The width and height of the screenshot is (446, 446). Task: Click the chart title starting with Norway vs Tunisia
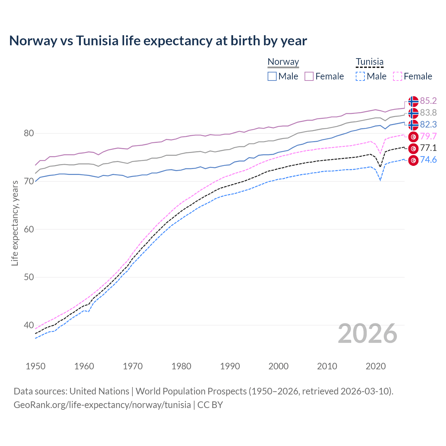[x=158, y=41]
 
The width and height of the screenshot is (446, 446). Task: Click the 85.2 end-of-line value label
[x=428, y=101]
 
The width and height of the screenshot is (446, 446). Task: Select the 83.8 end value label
[x=428, y=113]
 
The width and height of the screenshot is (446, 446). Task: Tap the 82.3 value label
[x=428, y=124]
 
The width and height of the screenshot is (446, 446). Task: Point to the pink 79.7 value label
[x=428, y=136]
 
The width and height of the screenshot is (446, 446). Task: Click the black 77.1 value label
[x=428, y=148]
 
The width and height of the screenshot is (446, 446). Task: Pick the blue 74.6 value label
[x=428, y=160]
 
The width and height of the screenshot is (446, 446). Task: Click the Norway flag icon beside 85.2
[x=413, y=101]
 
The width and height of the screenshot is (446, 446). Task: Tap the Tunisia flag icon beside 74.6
[x=413, y=160]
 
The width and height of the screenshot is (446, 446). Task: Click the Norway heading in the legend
[x=283, y=62]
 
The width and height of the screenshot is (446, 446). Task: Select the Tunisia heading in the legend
[x=369, y=62]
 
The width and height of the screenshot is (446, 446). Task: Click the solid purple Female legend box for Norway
[x=309, y=76]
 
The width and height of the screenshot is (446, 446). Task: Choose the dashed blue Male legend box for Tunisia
[x=360, y=76]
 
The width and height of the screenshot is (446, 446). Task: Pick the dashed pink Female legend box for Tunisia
[x=397, y=76]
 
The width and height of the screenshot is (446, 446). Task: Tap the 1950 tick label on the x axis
[x=36, y=366]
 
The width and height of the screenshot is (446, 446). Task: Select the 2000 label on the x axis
[x=278, y=366]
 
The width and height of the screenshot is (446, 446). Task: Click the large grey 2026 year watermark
[x=368, y=333]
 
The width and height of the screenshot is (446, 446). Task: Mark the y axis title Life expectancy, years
[x=15, y=223]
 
